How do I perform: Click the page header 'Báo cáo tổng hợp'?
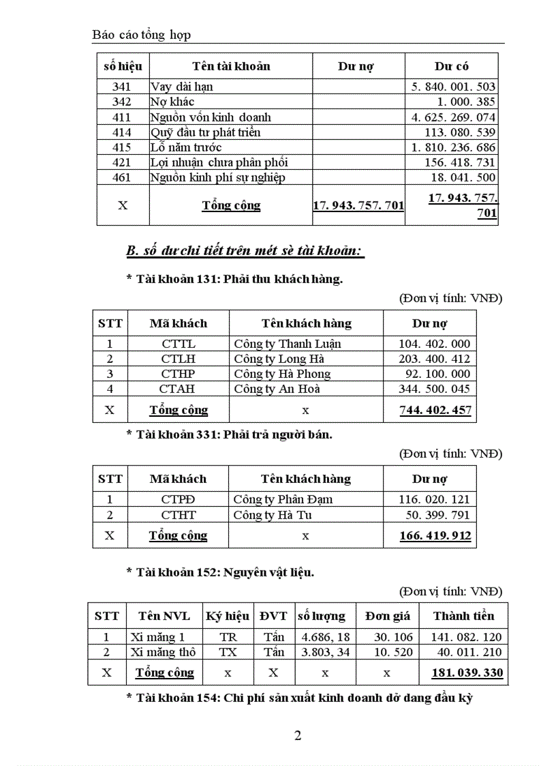pyautogui.click(x=142, y=34)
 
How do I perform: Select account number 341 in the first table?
pyautogui.click(x=123, y=87)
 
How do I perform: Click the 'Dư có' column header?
pyautogui.click(x=451, y=66)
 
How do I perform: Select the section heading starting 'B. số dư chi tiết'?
pyautogui.click(x=245, y=251)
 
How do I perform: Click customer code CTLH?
pyautogui.click(x=178, y=359)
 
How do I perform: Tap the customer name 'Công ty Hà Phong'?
pyautogui.click(x=282, y=374)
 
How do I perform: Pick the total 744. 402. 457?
pyautogui.click(x=435, y=410)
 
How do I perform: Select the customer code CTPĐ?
pyautogui.click(x=178, y=499)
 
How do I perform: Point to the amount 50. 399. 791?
pyautogui.click(x=434, y=514)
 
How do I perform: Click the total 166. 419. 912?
pyautogui.click(x=435, y=535)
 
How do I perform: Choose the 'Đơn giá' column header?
pyautogui.click(x=387, y=615)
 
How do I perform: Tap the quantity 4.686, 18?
pyautogui.click(x=325, y=637)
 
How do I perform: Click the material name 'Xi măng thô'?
pyautogui.click(x=163, y=652)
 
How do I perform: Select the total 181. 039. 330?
pyautogui.click(x=467, y=673)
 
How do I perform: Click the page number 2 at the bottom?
pyautogui.click(x=297, y=735)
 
